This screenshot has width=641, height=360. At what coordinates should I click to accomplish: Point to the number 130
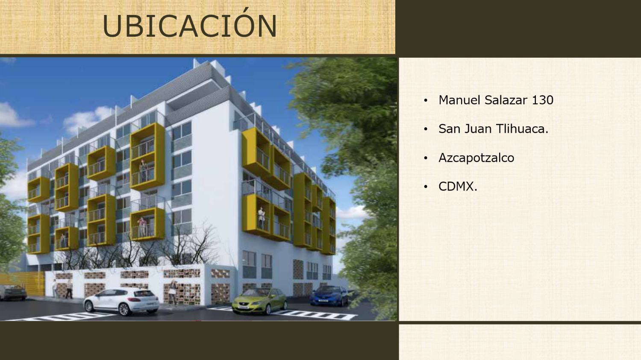pos(543,100)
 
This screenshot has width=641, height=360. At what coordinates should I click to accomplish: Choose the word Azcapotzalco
pos(476,158)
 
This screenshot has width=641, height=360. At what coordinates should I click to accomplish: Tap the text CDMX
pos(458,187)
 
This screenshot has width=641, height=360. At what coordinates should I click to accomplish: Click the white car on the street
pos(121,301)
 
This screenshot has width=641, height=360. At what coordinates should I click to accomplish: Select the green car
pos(259,301)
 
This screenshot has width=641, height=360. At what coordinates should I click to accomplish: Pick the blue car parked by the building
pos(329,296)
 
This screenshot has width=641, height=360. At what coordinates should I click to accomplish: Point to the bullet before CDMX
pos(426,187)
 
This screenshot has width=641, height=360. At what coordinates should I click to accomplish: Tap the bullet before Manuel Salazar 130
pos(426,100)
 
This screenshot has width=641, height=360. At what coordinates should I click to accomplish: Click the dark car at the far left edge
pos(13,293)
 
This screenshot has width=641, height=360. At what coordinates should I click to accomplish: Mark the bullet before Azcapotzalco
pos(426,158)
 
